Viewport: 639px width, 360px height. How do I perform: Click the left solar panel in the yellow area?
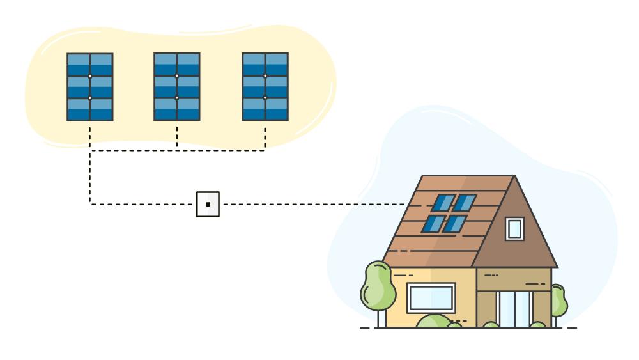click(90, 87)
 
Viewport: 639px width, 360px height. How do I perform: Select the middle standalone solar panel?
click(177, 87)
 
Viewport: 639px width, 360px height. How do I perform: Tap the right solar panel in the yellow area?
click(265, 87)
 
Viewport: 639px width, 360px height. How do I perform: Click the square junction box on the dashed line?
click(208, 204)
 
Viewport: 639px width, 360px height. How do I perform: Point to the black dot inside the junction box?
click(208, 205)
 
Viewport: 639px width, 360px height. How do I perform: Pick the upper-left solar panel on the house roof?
click(443, 203)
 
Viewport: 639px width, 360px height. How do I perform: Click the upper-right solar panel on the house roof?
click(465, 203)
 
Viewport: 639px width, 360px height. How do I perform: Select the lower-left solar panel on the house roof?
click(433, 224)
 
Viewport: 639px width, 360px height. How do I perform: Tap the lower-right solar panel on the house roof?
click(454, 224)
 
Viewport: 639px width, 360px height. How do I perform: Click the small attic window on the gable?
click(514, 228)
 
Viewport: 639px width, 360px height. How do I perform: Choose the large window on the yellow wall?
click(431, 298)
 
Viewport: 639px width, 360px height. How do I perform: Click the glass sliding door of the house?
click(514, 308)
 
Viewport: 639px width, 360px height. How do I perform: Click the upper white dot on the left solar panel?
click(90, 76)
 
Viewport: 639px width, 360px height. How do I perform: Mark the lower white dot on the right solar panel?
click(265, 98)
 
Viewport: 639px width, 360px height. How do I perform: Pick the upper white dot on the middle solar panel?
click(177, 76)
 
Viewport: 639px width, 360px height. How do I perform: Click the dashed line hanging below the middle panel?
click(177, 136)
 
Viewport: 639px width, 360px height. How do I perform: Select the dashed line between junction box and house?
click(313, 205)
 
